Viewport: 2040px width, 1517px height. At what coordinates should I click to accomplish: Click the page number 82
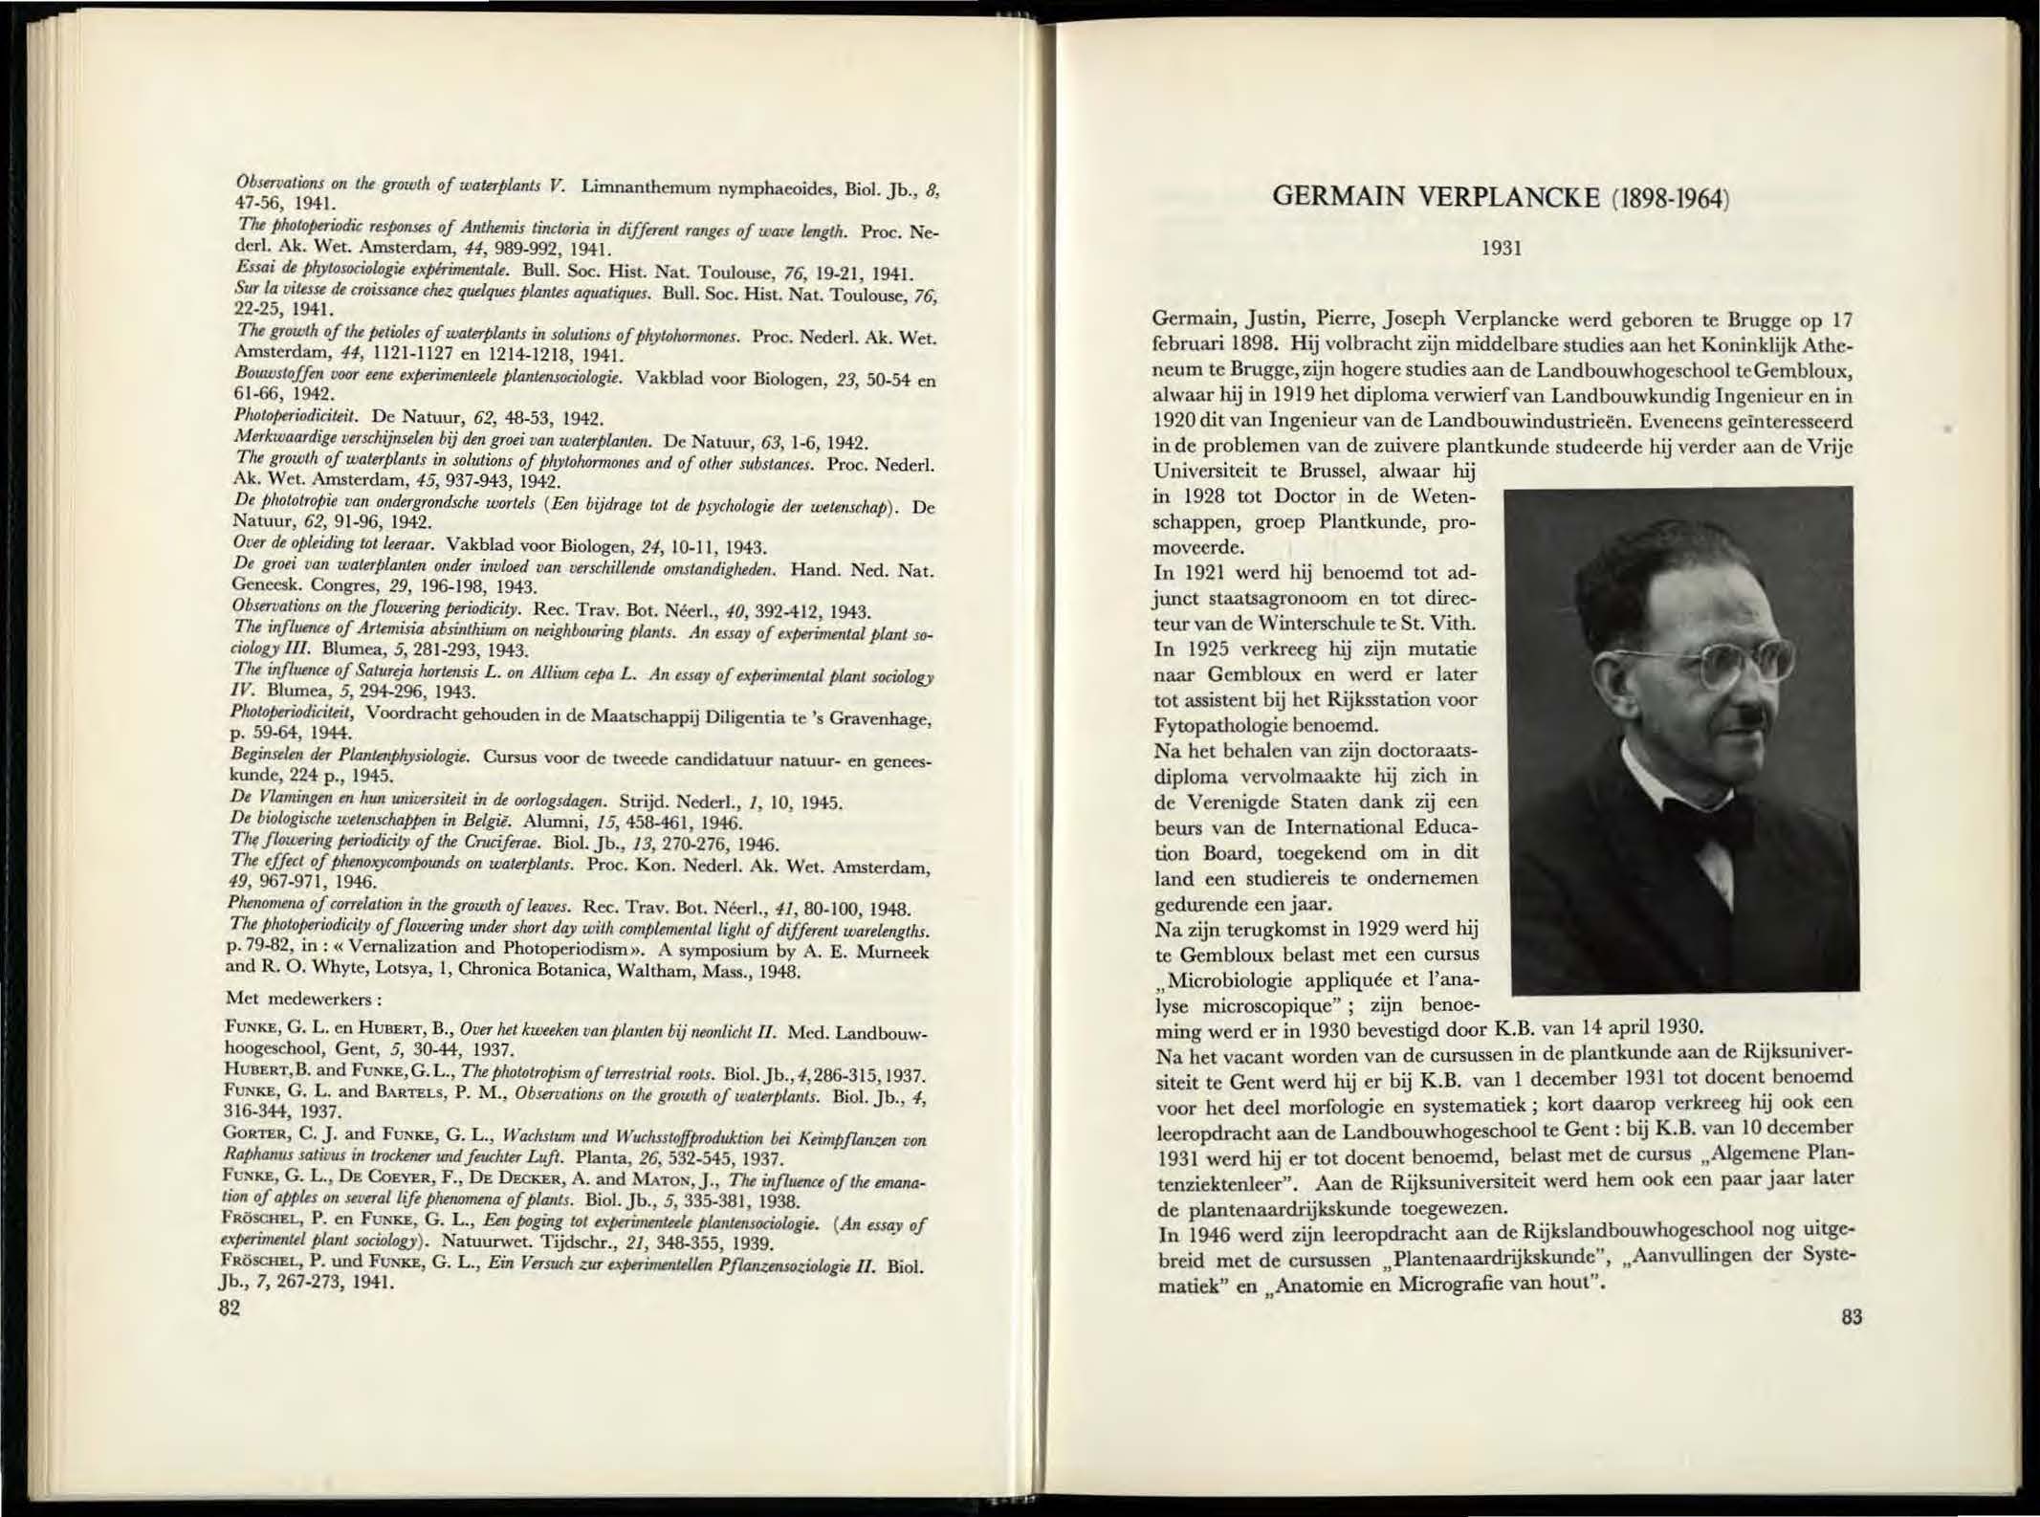click(229, 1308)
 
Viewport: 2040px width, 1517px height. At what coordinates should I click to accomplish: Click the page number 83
click(1850, 1317)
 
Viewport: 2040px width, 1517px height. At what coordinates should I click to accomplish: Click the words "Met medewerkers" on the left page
click(304, 999)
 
